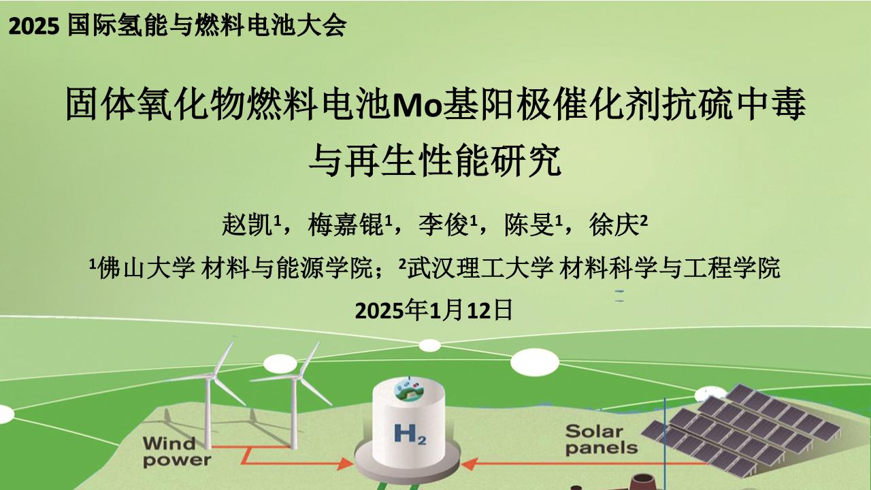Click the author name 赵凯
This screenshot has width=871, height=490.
click(x=246, y=225)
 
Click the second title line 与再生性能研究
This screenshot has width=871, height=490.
click(x=435, y=161)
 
